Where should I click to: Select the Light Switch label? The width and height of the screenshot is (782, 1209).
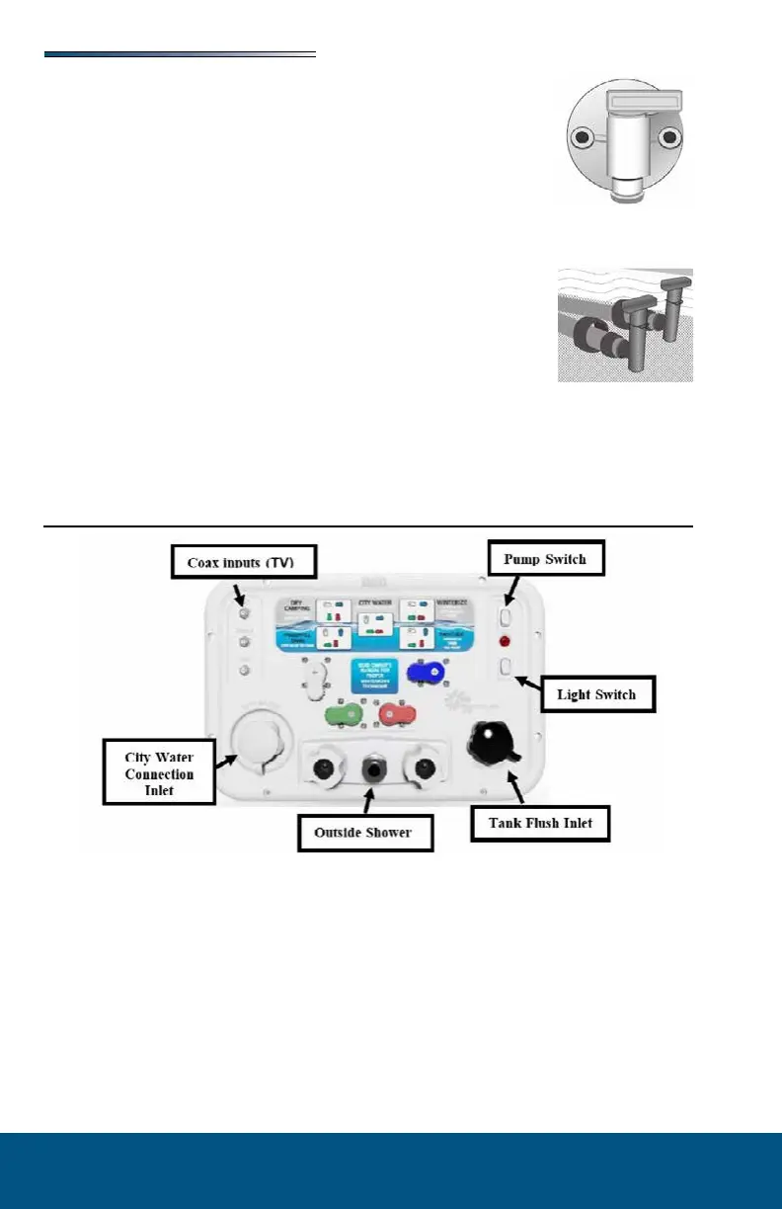click(x=595, y=694)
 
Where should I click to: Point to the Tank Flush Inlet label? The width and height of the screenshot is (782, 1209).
click(x=539, y=823)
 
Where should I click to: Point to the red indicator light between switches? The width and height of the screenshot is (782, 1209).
click(x=505, y=641)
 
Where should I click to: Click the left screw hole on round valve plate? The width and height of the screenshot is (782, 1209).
click(x=585, y=136)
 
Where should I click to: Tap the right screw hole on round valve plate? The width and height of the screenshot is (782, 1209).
click(x=671, y=136)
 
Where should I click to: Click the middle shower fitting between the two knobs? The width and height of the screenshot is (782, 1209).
click(x=374, y=766)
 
